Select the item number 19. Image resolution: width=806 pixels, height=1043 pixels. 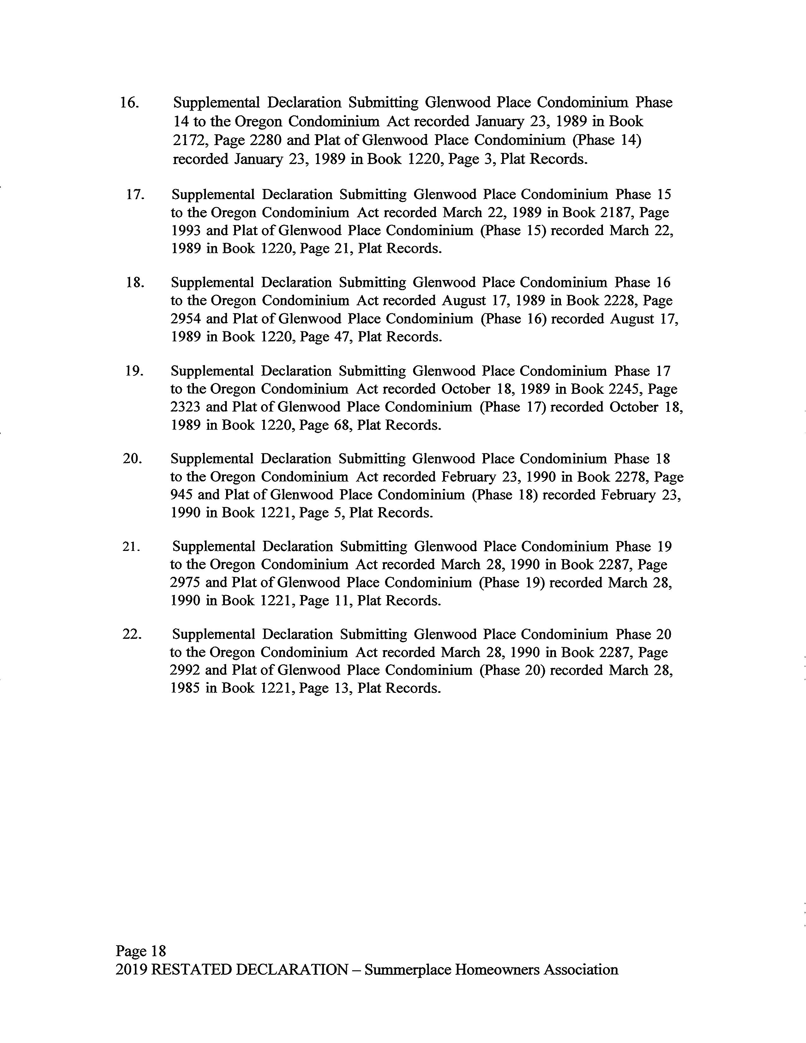click(134, 371)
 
